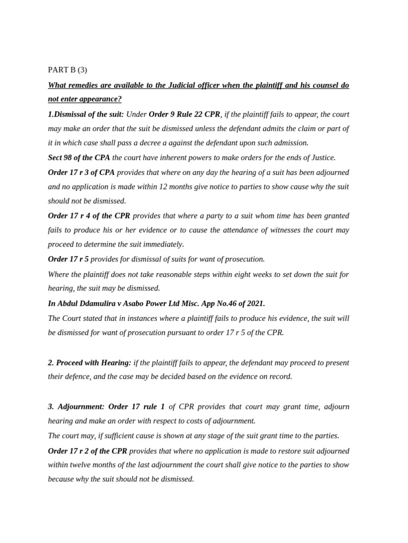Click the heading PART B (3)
(67, 69)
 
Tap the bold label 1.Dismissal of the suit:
(86, 114)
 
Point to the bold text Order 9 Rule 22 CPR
(184, 114)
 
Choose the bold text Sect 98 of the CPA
(79, 157)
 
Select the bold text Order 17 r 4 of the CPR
(89, 216)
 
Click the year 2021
(255, 303)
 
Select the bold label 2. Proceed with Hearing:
(89, 363)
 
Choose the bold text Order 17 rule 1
(136, 407)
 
